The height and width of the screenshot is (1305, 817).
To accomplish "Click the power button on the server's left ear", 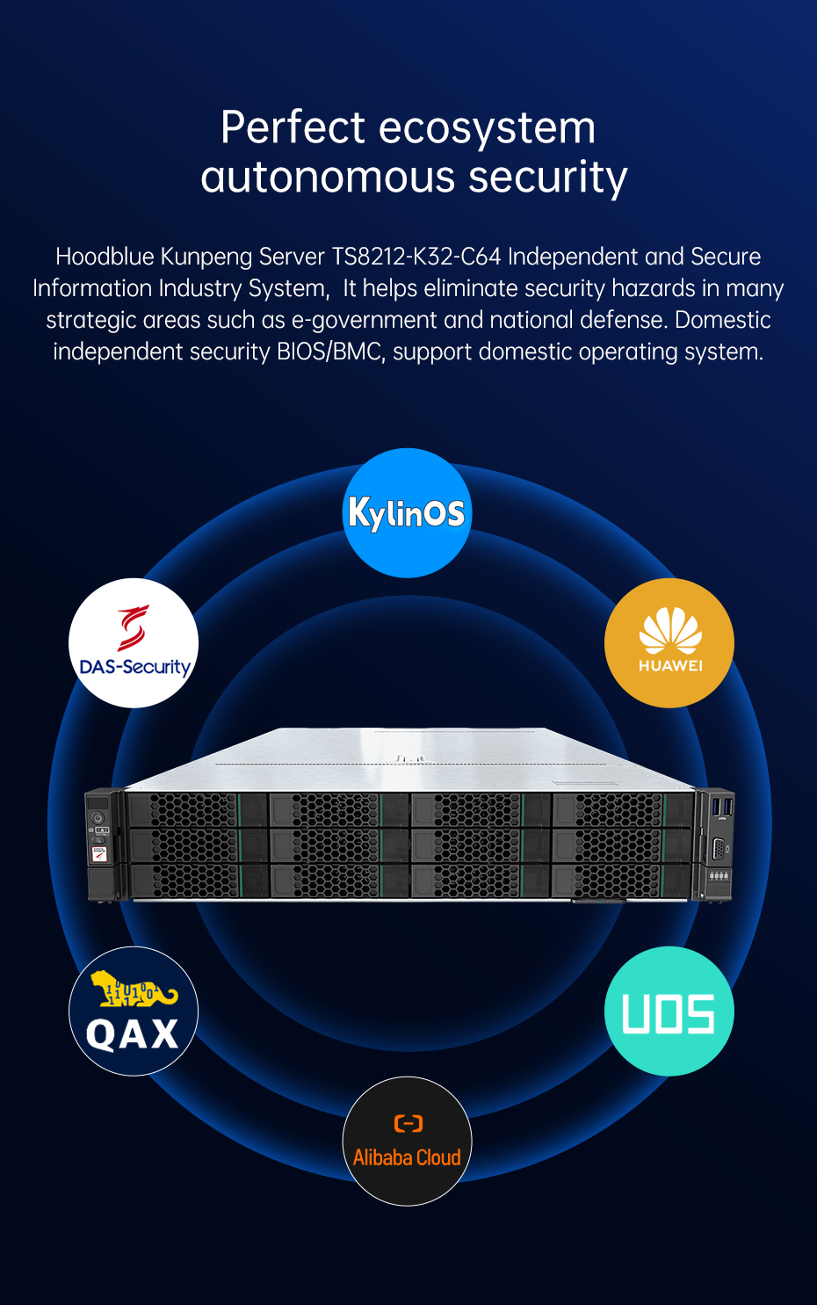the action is (98, 818).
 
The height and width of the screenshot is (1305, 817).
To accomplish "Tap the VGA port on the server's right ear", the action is (718, 848).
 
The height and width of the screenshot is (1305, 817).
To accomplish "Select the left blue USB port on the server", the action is (717, 807).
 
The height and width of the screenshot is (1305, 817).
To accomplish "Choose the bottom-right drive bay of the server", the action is (621, 881).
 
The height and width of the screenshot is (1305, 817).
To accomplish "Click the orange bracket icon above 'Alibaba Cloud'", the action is (408, 1122).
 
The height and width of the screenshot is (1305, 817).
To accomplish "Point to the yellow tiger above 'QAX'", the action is (134, 989).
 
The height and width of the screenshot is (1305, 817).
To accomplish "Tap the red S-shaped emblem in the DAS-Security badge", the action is (134, 627).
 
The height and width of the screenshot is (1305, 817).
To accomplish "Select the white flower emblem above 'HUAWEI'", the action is (670, 630).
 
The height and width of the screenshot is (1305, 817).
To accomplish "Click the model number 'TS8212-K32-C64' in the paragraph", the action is (416, 257).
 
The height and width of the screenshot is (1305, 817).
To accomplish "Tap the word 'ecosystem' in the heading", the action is (488, 127).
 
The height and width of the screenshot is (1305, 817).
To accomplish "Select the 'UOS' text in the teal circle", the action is (669, 1014).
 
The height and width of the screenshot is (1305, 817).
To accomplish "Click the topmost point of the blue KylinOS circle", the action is (407, 448).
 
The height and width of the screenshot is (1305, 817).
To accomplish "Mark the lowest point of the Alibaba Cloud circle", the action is (407, 1206).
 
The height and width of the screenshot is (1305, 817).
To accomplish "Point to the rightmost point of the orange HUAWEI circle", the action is (734, 643).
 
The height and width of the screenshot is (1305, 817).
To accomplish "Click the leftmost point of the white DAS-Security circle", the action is (69, 643).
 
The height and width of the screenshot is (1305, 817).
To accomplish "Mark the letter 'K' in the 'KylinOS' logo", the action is (360, 512).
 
